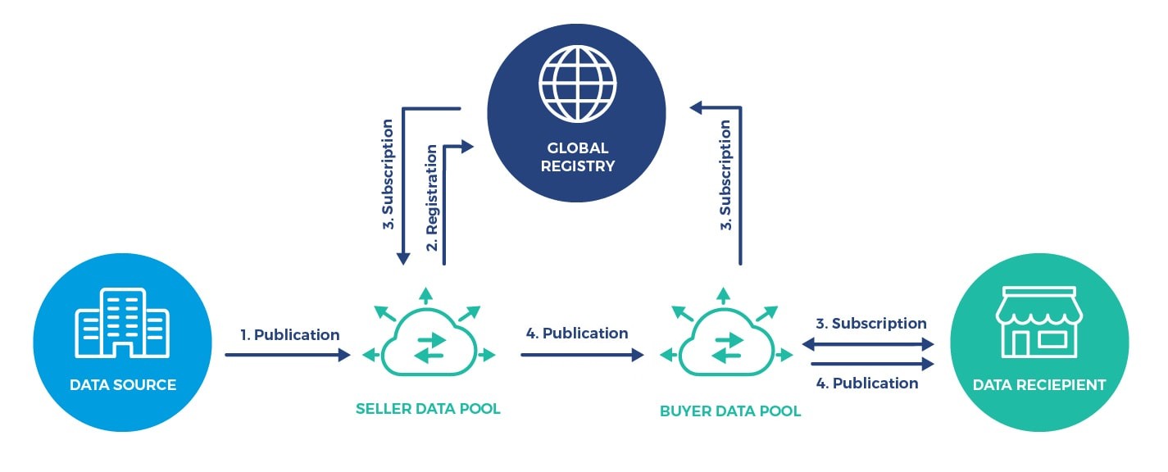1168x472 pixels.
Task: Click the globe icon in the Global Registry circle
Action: click(577, 83)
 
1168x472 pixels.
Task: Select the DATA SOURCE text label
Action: click(123, 385)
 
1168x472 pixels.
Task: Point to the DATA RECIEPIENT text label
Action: click(1038, 385)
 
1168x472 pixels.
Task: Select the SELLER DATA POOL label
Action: click(428, 408)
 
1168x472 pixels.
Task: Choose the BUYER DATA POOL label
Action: click(730, 411)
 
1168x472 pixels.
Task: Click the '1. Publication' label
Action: click(290, 335)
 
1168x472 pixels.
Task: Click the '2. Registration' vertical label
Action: click(432, 197)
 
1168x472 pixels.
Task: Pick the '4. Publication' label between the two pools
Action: click(577, 334)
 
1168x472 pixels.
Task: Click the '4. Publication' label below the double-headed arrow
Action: click(867, 383)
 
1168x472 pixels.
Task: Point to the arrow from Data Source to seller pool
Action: click(287, 355)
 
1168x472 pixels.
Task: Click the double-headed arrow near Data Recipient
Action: click(868, 344)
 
